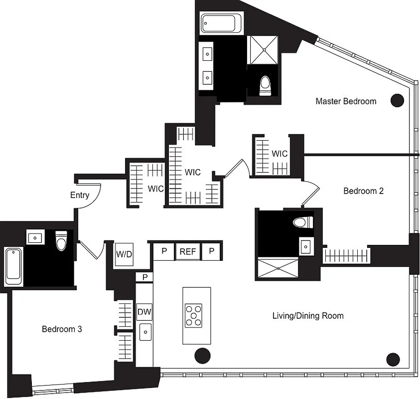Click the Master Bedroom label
346,101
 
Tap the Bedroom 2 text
364,191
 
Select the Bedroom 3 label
62,329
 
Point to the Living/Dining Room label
308,316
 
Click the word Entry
79,195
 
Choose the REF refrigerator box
187,251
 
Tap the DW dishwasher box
144,313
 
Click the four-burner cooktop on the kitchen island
196,316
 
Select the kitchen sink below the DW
145,332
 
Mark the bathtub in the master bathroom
221,24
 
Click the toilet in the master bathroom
265,85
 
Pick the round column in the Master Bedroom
397,101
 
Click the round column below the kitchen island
202,356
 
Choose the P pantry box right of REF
211,251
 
